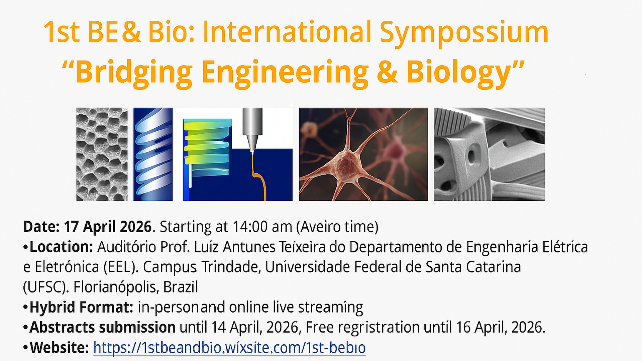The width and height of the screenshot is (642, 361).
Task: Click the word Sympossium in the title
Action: pyautogui.click(x=464, y=33)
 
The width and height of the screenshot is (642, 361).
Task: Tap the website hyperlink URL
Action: pyautogui.click(x=229, y=348)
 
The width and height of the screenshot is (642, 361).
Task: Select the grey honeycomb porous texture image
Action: pyautogui.click(x=102, y=154)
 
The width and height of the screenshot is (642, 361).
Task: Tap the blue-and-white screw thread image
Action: pyautogui.click(x=153, y=154)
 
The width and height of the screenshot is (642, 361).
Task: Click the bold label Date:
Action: pyautogui.click(x=41, y=227)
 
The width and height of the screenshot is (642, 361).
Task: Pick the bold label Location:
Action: pyautogui.click(x=61, y=247)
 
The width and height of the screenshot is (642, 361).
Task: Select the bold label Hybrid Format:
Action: pyautogui.click(x=81, y=307)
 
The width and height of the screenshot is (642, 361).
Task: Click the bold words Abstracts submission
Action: pyautogui.click(x=102, y=327)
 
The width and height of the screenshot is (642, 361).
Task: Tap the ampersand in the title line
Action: pyautogui.click(x=131, y=33)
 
